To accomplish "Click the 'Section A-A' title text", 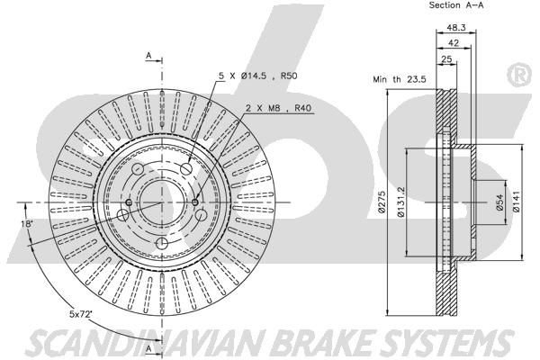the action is click(456, 5).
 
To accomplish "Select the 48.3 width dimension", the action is click(456, 28).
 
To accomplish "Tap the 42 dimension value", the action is click(454, 43).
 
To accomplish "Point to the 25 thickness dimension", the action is click(446, 58).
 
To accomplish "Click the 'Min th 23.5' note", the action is click(400, 79).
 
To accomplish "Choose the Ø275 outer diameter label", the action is click(381, 202).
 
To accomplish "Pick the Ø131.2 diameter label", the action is click(400, 202).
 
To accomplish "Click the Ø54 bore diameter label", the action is click(499, 202).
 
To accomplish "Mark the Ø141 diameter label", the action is click(517, 202).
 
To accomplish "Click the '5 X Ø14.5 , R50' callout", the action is click(258, 76).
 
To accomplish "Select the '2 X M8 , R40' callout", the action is click(278, 108).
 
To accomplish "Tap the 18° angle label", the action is click(26, 224).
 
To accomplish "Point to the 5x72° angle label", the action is click(82, 314).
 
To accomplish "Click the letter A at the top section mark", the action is click(148, 55).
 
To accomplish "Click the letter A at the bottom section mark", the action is click(148, 348).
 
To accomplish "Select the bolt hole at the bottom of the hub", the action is click(161, 244).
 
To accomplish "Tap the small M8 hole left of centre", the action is click(129, 202).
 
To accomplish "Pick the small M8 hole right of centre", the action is click(195, 202).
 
